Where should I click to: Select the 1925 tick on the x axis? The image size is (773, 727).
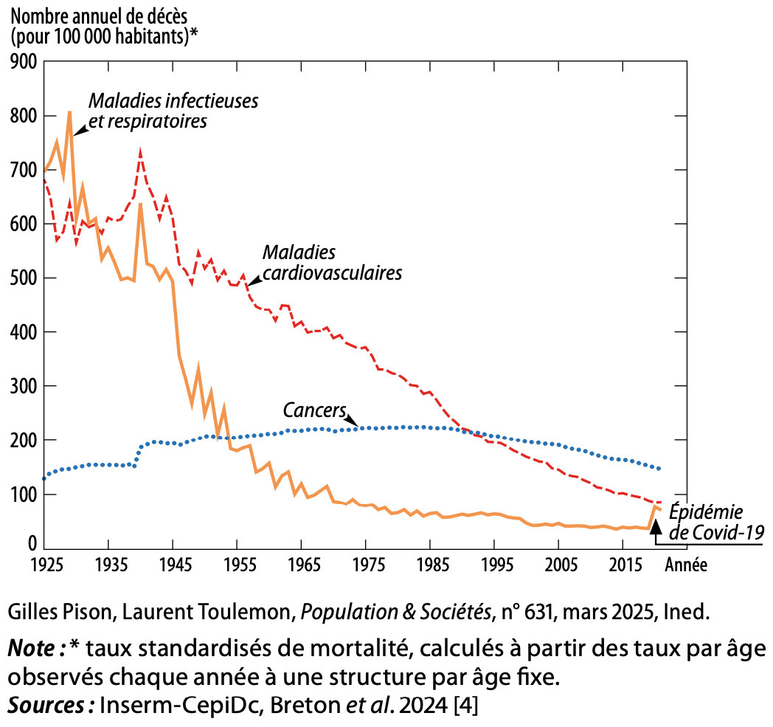(44, 565)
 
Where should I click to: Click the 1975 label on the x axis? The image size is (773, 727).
(366, 565)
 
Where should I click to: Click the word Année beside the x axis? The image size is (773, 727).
(686, 565)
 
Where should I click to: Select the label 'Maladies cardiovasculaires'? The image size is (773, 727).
(332, 263)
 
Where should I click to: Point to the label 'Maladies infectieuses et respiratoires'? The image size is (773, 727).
(173, 109)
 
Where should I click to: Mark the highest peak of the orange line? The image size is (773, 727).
(69, 112)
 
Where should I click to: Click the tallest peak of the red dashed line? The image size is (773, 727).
(140, 151)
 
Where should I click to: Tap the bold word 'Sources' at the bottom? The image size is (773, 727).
(46, 704)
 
